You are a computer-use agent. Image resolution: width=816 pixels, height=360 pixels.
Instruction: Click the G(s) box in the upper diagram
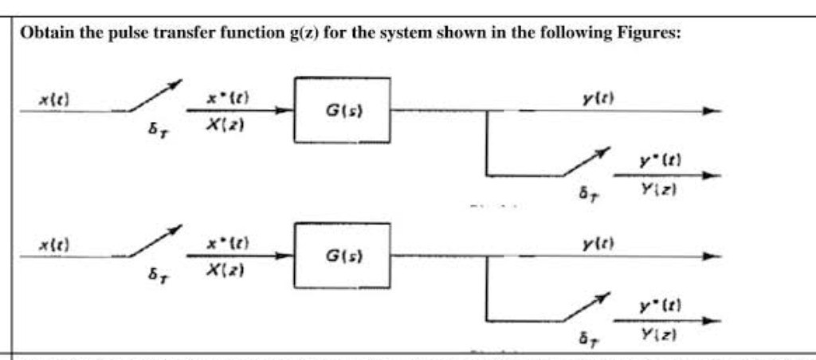pos(343,109)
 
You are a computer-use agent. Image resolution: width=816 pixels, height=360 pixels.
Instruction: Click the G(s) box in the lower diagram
pos(343,256)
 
